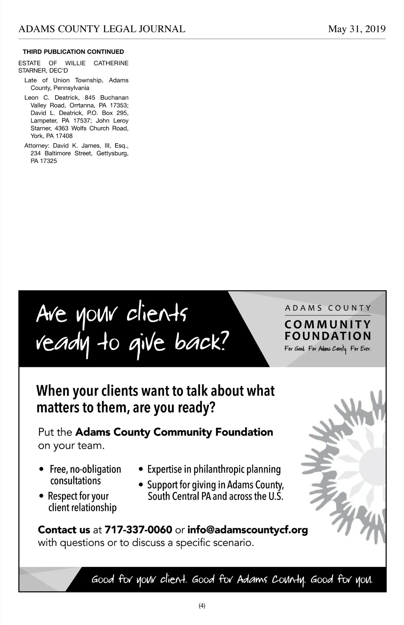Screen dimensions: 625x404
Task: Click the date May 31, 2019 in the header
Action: pos(357,29)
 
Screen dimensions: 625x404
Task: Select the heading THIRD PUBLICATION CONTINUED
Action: pos(73,52)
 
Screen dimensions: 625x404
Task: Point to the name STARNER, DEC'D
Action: pos(43,71)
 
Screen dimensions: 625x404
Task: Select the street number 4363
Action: pos(61,128)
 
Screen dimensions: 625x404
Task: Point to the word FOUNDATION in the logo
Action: pos(328,336)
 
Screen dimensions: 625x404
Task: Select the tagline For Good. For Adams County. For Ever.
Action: pos(328,349)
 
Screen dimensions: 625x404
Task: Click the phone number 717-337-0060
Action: pos(138,530)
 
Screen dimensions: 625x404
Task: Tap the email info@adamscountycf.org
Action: pos(247,530)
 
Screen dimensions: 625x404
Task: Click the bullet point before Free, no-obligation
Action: pos(42,469)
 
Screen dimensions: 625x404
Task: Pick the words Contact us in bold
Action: pos(64,530)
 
